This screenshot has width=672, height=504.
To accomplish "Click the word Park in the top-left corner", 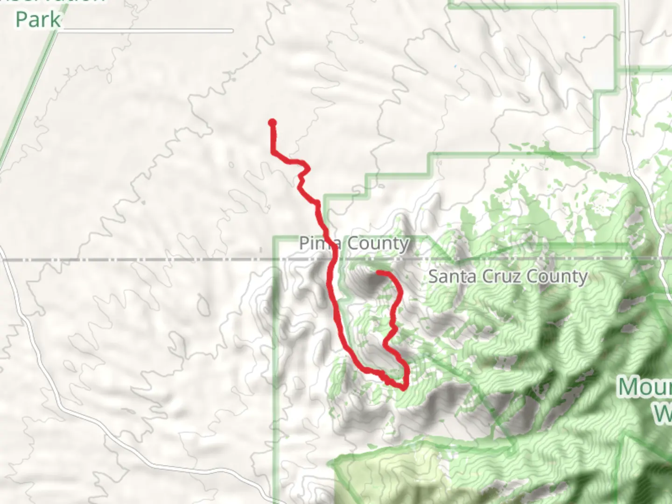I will pos(38,20).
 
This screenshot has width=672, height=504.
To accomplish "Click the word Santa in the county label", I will pos(450,276).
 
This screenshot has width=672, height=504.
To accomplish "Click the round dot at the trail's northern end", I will pos(272,123).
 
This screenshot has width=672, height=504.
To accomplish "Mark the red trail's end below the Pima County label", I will pos(378,272).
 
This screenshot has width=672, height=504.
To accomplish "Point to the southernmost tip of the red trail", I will pos(403,388).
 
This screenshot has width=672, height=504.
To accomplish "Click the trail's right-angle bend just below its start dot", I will pos(273,152).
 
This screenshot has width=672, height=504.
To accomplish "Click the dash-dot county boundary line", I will pos(140,259).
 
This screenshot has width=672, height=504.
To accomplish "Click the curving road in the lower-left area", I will pos(70,397).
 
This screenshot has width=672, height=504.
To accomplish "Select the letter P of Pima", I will pos(304,243).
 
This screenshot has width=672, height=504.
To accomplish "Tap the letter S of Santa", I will pos(434,276).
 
